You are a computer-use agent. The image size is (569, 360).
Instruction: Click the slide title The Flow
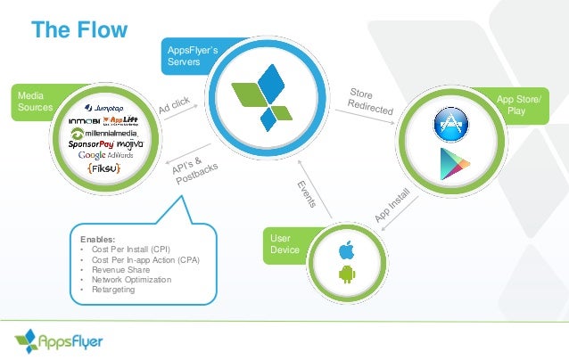coord(79,29)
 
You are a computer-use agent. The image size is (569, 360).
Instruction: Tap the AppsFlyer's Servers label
coord(190,57)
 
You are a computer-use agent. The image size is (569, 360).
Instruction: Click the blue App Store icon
coord(450,124)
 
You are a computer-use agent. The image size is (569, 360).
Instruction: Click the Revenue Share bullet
coord(112,269)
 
